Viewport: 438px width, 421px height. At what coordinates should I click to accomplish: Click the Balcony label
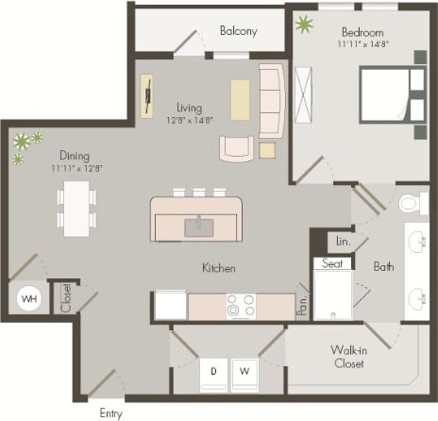point(238,31)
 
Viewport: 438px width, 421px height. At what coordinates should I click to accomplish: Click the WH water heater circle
point(29,299)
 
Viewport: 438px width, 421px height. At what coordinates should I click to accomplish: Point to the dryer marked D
point(213,372)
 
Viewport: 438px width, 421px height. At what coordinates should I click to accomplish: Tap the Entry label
point(110,413)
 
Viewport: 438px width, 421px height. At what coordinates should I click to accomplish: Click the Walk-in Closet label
point(348,357)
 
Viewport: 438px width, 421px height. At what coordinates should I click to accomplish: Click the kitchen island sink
point(198,226)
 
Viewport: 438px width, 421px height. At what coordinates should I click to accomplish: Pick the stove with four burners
point(241,306)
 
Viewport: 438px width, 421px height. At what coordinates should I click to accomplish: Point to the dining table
point(76,208)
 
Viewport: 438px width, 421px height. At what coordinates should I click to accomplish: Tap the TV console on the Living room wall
point(148,96)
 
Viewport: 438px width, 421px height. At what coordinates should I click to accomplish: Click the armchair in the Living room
point(236,148)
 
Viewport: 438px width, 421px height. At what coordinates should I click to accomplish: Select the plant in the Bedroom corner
point(305,25)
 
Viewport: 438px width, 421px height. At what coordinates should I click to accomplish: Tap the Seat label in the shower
point(331,264)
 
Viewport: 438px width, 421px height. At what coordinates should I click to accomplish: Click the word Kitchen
point(218,268)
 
